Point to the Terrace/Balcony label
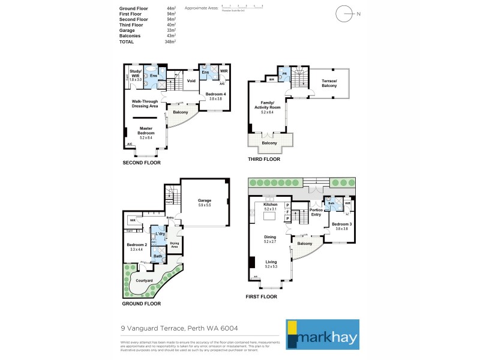[x=328, y=83]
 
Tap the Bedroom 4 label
[x=215, y=95]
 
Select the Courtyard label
[x=143, y=280]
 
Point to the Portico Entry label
[x=316, y=212]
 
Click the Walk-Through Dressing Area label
[x=145, y=103]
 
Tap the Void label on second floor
[x=191, y=81]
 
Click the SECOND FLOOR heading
[x=142, y=163]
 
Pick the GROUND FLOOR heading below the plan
[x=142, y=304]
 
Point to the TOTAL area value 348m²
[x=170, y=42]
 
